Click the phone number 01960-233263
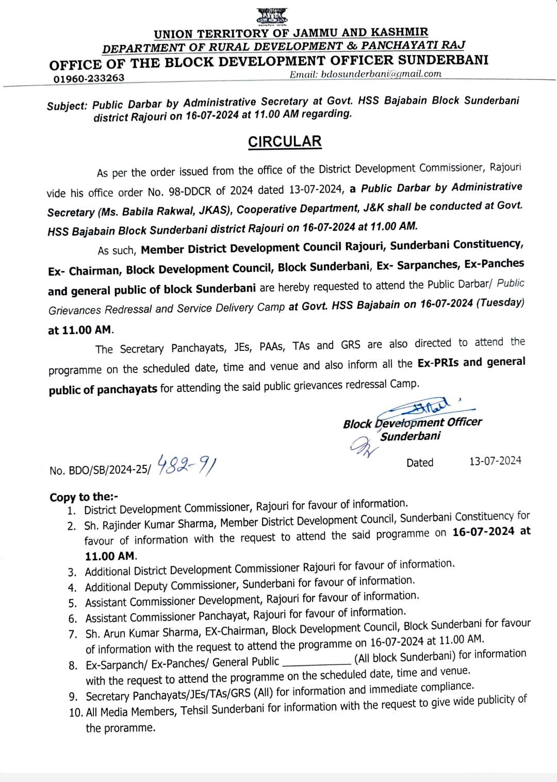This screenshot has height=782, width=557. tap(89, 78)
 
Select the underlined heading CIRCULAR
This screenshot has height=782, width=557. tap(285, 142)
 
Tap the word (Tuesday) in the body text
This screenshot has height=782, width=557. tap(499, 303)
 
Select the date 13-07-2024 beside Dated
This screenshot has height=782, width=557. tap(495, 461)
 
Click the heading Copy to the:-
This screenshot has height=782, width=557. tap(84, 497)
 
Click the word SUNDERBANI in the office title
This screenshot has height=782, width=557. tap(437, 60)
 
